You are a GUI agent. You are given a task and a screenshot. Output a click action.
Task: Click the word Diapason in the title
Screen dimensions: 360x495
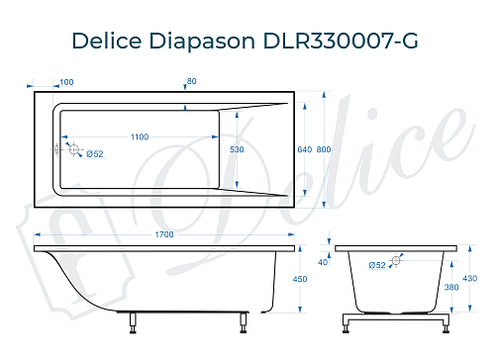coord(210,42)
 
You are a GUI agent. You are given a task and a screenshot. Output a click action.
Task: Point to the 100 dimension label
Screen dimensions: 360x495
coord(66,82)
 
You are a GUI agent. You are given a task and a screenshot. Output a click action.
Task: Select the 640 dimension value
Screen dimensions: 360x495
coord(304,148)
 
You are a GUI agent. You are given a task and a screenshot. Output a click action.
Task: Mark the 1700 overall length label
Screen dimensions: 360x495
coord(164,234)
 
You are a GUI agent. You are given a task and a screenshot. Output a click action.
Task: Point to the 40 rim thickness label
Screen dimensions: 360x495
coord(323,262)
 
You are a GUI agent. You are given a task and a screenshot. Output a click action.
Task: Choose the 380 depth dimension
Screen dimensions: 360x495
coord(450,288)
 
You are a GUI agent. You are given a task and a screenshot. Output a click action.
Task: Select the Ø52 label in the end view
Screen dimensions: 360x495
coord(377,265)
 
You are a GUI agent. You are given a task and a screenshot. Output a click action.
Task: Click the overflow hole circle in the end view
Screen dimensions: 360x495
coord(396,261)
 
